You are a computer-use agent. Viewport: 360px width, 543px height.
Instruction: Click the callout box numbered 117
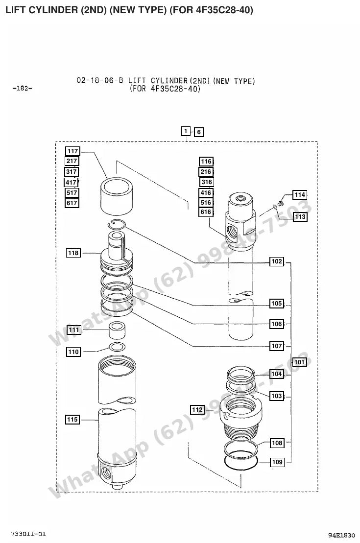click(x=73, y=151)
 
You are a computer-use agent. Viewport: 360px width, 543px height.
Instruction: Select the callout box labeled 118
click(x=73, y=253)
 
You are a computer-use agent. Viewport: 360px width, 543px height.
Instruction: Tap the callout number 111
click(x=74, y=330)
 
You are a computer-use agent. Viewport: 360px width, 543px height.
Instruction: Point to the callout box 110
click(x=73, y=352)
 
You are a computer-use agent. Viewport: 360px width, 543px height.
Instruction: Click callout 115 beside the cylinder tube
click(x=72, y=420)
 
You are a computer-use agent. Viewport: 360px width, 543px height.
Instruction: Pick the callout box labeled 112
click(x=197, y=410)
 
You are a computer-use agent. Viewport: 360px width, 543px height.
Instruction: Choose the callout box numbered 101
click(x=299, y=362)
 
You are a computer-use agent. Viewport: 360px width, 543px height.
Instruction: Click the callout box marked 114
click(x=300, y=194)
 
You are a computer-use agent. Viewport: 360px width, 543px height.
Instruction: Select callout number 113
click(x=300, y=217)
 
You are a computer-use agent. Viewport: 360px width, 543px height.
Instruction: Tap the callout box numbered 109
click(x=277, y=462)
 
